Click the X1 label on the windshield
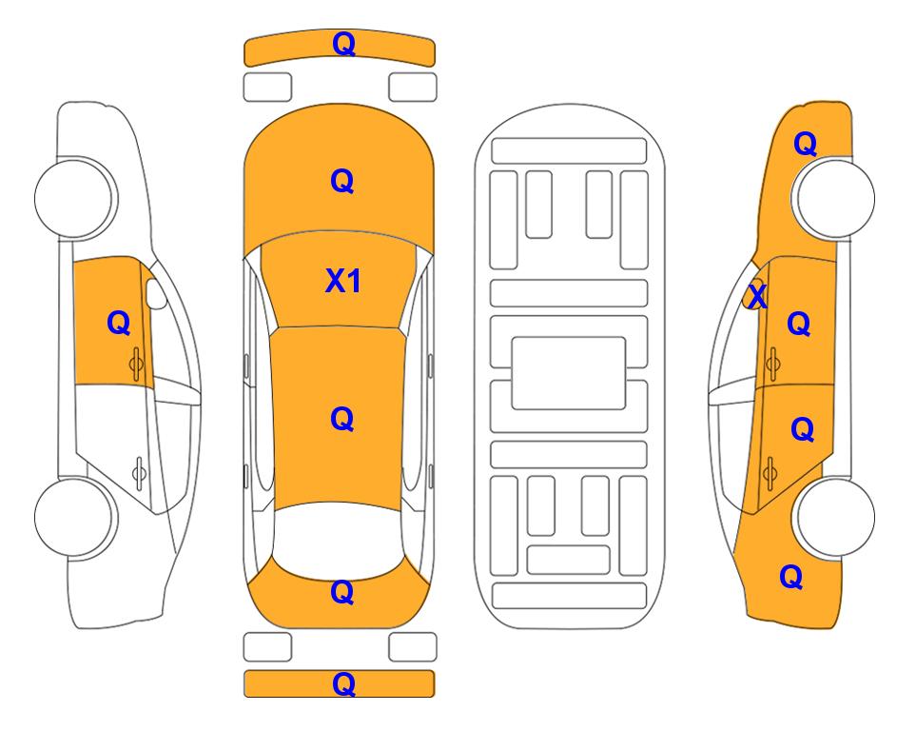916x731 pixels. tap(343, 282)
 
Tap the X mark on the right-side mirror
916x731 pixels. tap(757, 296)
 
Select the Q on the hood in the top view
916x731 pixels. tap(342, 181)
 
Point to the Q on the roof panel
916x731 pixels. tap(342, 420)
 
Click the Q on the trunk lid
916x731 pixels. tap(342, 592)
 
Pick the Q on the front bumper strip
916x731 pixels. tap(343, 45)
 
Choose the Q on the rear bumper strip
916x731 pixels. tap(343, 684)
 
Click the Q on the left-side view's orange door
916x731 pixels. tap(119, 323)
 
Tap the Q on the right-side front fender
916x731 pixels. tap(805, 144)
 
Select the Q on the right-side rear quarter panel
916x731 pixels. tap(791, 577)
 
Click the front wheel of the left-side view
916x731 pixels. tap(75, 198)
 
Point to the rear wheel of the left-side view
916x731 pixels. tap(75, 517)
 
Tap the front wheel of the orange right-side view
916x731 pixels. tap(835, 198)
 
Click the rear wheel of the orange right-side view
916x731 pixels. tap(835, 517)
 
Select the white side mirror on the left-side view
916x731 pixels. tap(155, 293)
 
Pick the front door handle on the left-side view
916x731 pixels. tap(137, 364)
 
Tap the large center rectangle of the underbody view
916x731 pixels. tap(569, 373)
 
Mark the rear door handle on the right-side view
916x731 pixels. tap(770, 472)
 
